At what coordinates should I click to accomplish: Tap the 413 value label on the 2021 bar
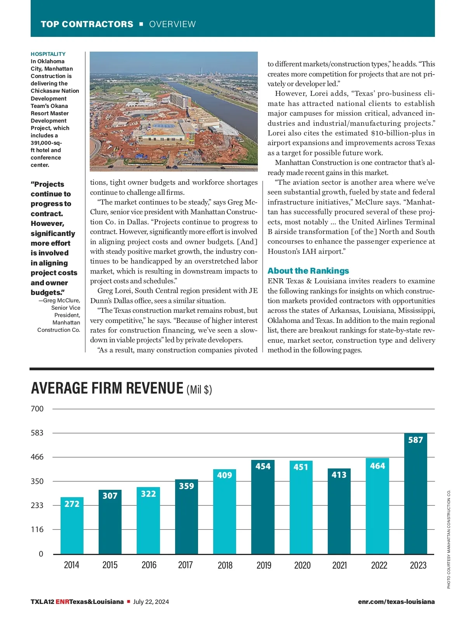(x=339, y=475)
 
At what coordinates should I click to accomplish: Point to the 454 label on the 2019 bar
(x=263, y=466)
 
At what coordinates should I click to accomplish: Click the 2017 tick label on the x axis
(x=186, y=565)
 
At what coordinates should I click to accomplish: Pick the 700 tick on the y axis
(x=37, y=409)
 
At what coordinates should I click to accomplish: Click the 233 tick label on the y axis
(x=37, y=505)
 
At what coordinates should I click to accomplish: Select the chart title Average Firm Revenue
(x=107, y=389)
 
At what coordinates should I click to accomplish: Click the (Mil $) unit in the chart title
(x=199, y=389)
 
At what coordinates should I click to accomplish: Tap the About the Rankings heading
(x=308, y=271)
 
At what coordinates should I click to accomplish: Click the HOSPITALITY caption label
(x=48, y=54)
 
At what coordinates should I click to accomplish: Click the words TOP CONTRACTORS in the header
(x=87, y=24)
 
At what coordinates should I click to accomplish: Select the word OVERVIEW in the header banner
(x=172, y=24)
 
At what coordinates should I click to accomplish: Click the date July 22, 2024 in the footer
(x=151, y=602)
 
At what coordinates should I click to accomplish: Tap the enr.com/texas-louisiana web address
(x=396, y=602)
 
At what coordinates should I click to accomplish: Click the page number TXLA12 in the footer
(x=42, y=602)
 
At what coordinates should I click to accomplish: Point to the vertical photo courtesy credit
(x=449, y=539)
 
